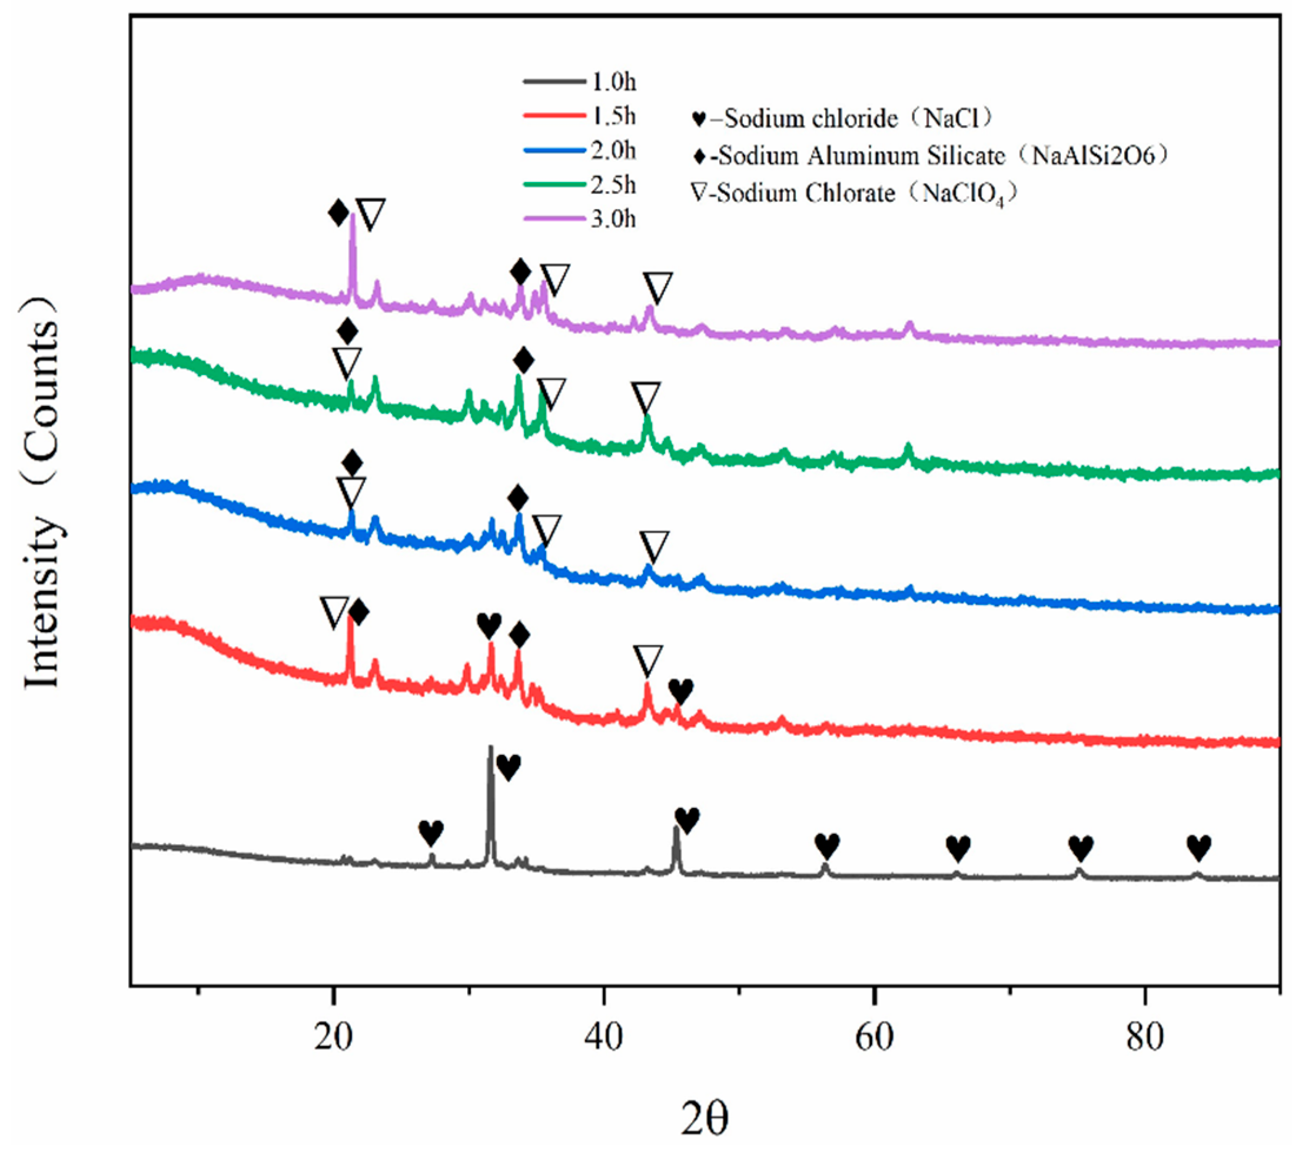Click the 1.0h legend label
(x=613, y=82)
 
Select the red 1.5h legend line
(x=554, y=117)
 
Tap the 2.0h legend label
(x=613, y=151)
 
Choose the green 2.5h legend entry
(x=554, y=185)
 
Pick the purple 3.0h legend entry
(x=554, y=220)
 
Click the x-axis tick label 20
(x=333, y=1038)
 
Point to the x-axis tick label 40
(x=604, y=1038)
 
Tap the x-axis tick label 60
(x=874, y=1038)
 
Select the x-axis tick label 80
(x=1145, y=1038)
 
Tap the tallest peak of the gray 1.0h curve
(x=490, y=748)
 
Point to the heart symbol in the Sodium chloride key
(x=699, y=119)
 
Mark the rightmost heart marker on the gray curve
(x=1199, y=847)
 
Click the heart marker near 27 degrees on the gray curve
(x=431, y=833)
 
